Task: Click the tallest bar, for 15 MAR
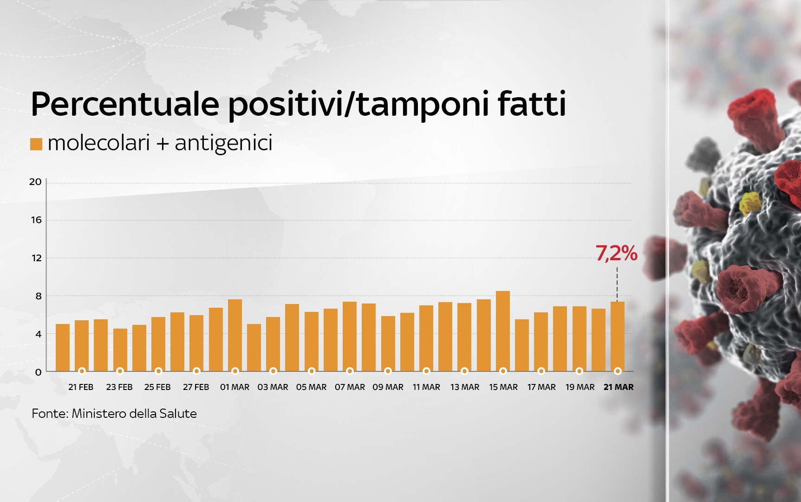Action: tap(503, 331)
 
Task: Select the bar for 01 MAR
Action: tap(235, 335)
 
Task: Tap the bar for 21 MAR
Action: tap(618, 337)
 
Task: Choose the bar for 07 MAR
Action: tap(350, 337)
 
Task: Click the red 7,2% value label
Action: tap(616, 254)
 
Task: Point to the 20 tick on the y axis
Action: tap(35, 182)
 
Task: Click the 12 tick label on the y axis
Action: tap(36, 258)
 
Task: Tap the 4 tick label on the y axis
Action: tap(39, 334)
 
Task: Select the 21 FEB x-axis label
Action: tap(81, 387)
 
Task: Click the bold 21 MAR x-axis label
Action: tap(619, 387)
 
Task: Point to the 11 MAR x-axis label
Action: tap(426, 387)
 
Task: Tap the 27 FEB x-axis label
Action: tap(196, 387)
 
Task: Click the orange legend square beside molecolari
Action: tap(36, 144)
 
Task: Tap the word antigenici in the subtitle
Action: tap(223, 143)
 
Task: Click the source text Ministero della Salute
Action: tap(134, 414)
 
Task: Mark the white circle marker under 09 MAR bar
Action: tap(388, 371)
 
